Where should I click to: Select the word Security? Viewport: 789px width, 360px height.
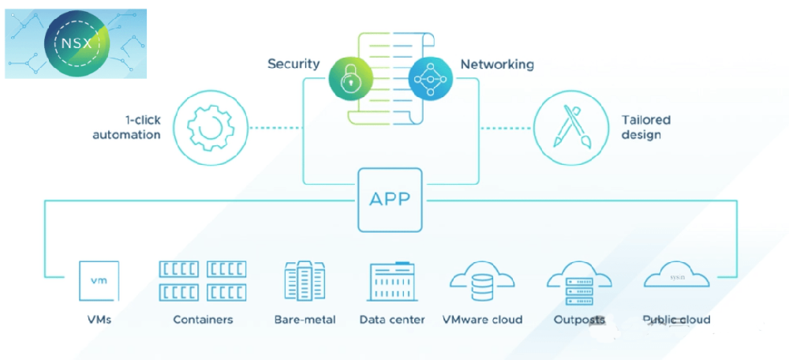click(293, 64)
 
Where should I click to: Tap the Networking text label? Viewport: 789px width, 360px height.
click(497, 64)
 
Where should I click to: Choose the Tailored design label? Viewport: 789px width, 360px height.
click(645, 127)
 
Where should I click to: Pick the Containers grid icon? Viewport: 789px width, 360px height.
click(203, 280)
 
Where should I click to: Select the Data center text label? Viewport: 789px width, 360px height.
click(392, 320)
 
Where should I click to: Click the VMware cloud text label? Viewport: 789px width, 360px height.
click(482, 320)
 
